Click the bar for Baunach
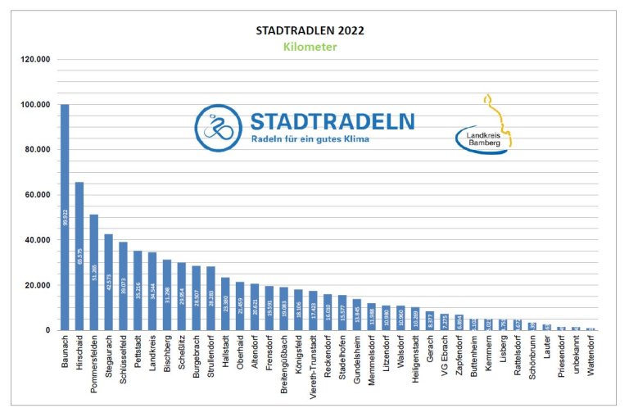[x=65, y=217]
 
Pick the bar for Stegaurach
[x=108, y=282]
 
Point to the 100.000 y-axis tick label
[x=37, y=105]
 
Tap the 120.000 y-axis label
[x=37, y=60]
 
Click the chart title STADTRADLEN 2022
[x=310, y=30]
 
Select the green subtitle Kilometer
[x=310, y=47]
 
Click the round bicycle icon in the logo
[x=218, y=128]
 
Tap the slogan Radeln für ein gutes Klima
[x=311, y=140]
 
